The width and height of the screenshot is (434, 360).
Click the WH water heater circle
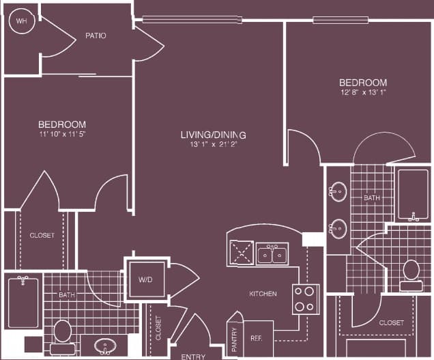coord(20,21)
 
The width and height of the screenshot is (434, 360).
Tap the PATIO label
coord(96,35)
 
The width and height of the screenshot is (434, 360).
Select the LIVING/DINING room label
coord(213,135)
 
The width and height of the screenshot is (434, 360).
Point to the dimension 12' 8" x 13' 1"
coord(364,92)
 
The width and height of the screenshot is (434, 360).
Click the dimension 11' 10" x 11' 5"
coord(61,134)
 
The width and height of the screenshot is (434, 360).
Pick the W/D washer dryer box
coord(145,279)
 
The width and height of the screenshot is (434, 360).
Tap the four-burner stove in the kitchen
coord(306,299)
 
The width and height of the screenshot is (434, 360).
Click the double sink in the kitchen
coord(272,254)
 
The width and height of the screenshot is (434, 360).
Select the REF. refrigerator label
coord(257,337)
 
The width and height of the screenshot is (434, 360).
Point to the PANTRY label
coord(234,339)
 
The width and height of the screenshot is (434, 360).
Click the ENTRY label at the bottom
coord(193,356)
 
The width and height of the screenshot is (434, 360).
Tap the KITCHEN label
coord(263,294)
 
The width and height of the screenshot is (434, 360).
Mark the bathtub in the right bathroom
coord(413,194)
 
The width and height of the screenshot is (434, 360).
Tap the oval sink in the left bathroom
coord(106,346)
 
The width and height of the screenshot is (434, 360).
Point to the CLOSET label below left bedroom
coord(42,235)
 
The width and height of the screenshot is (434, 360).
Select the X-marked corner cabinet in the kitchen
coord(241,253)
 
